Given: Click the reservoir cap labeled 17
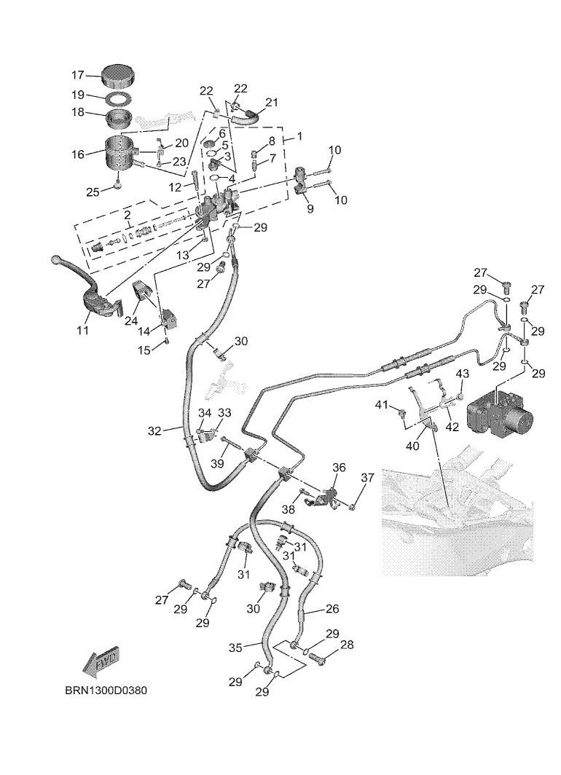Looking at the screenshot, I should pyautogui.click(x=117, y=74).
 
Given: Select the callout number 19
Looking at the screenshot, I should pyautogui.click(x=78, y=95).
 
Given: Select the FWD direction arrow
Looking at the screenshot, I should pyautogui.click(x=101, y=661).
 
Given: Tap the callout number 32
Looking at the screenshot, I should pyautogui.click(x=154, y=430).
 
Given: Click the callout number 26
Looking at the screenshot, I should pyautogui.click(x=331, y=608).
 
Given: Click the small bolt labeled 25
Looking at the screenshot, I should pyautogui.click(x=117, y=186).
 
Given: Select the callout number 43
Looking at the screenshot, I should pyautogui.click(x=463, y=374).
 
